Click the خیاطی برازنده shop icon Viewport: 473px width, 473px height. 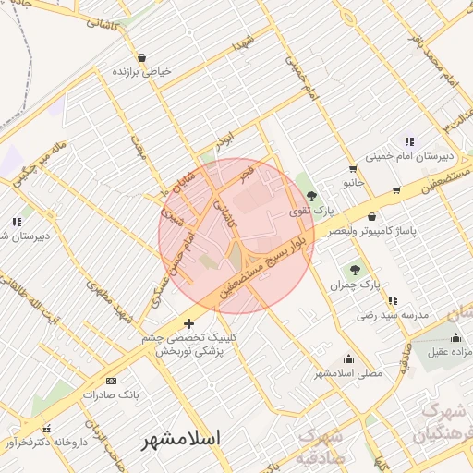[x=140, y=57]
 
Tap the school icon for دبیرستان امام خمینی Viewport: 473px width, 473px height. [x=409, y=141]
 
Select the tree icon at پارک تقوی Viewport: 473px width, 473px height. [x=311, y=196]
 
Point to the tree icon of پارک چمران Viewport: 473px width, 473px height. [x=355, y=270]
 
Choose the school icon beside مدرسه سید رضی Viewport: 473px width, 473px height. [x=394, y=300]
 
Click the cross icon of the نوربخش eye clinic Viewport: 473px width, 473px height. [x=189, y=323]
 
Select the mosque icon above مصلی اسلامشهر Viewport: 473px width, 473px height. [x=348, y=359]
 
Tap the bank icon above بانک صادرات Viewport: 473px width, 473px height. [x=112, y=381]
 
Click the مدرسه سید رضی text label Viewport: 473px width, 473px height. [x=394, y=315]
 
